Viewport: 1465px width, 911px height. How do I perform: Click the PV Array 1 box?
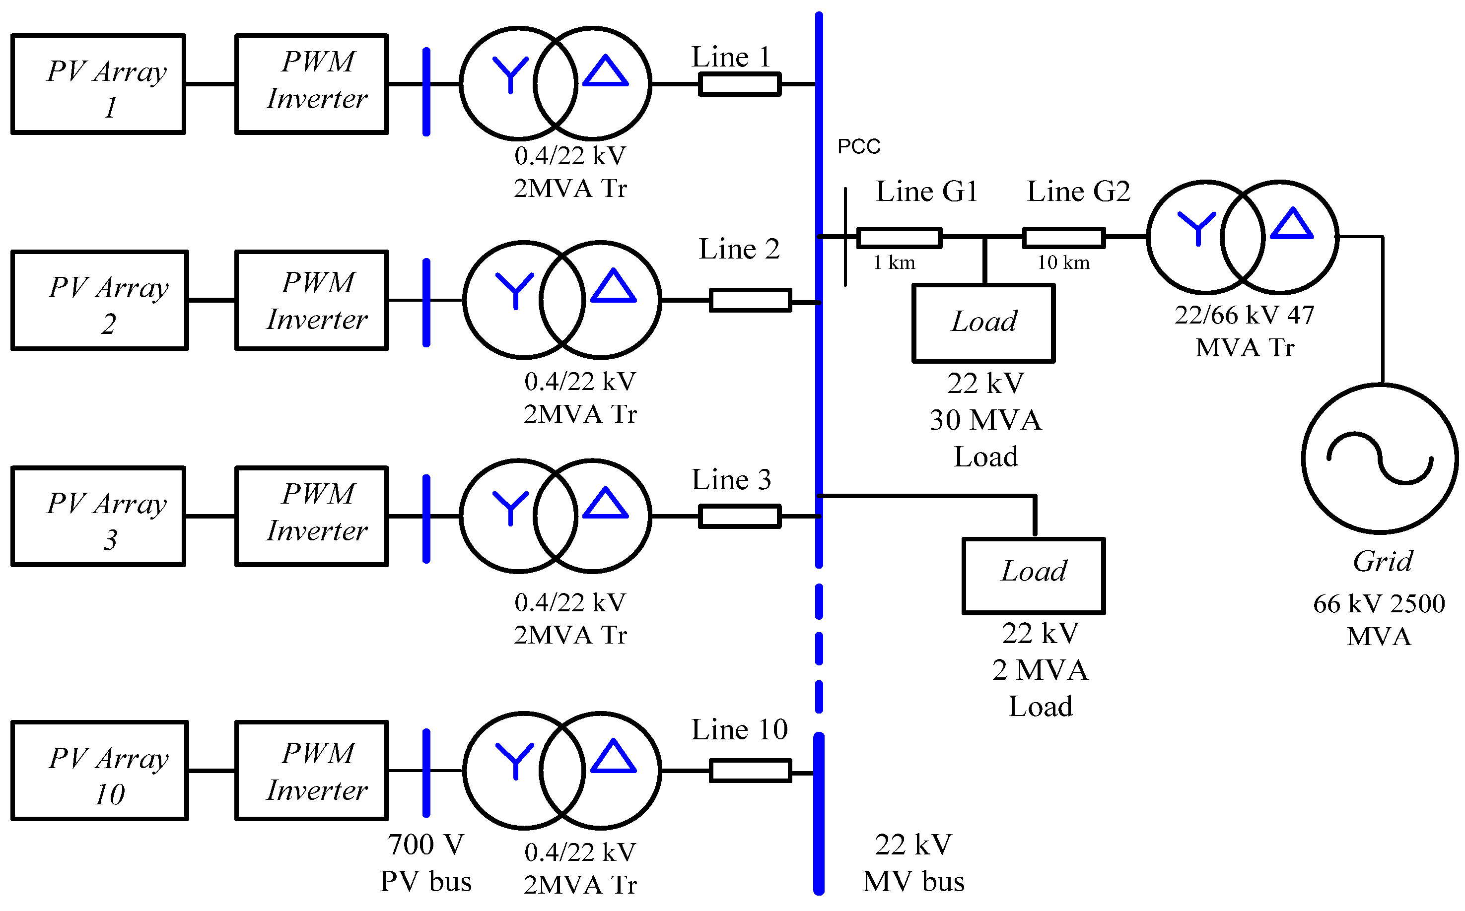[98, 84]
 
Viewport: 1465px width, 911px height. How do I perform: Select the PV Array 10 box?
[99, 771]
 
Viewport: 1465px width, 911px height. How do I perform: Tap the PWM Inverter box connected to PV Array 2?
[312, 300]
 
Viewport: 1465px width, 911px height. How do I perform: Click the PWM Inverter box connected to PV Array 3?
[312, 517]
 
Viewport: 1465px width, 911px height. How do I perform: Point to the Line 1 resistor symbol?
[739, 84]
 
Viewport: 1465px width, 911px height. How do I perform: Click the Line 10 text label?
[739, 729]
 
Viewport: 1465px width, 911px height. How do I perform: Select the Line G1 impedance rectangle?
[899, 237]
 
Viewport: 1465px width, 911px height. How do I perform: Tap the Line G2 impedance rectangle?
[1064, 237]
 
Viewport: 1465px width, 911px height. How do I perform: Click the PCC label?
[859, 146]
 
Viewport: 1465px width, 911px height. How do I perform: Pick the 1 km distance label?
[894, 262]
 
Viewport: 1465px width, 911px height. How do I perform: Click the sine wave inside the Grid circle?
[1380, 458]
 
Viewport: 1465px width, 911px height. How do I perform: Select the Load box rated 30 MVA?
[983, 323]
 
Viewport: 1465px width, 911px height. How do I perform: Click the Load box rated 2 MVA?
[1034, 576]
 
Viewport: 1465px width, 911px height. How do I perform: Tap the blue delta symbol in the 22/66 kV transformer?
[1291, 224]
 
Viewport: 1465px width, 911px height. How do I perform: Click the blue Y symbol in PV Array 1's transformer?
[510, 73]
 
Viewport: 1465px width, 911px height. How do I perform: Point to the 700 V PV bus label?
[425, 863]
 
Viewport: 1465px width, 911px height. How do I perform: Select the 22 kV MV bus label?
[913, 863]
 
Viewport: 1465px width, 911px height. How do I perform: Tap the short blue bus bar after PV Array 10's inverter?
[426, 773]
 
